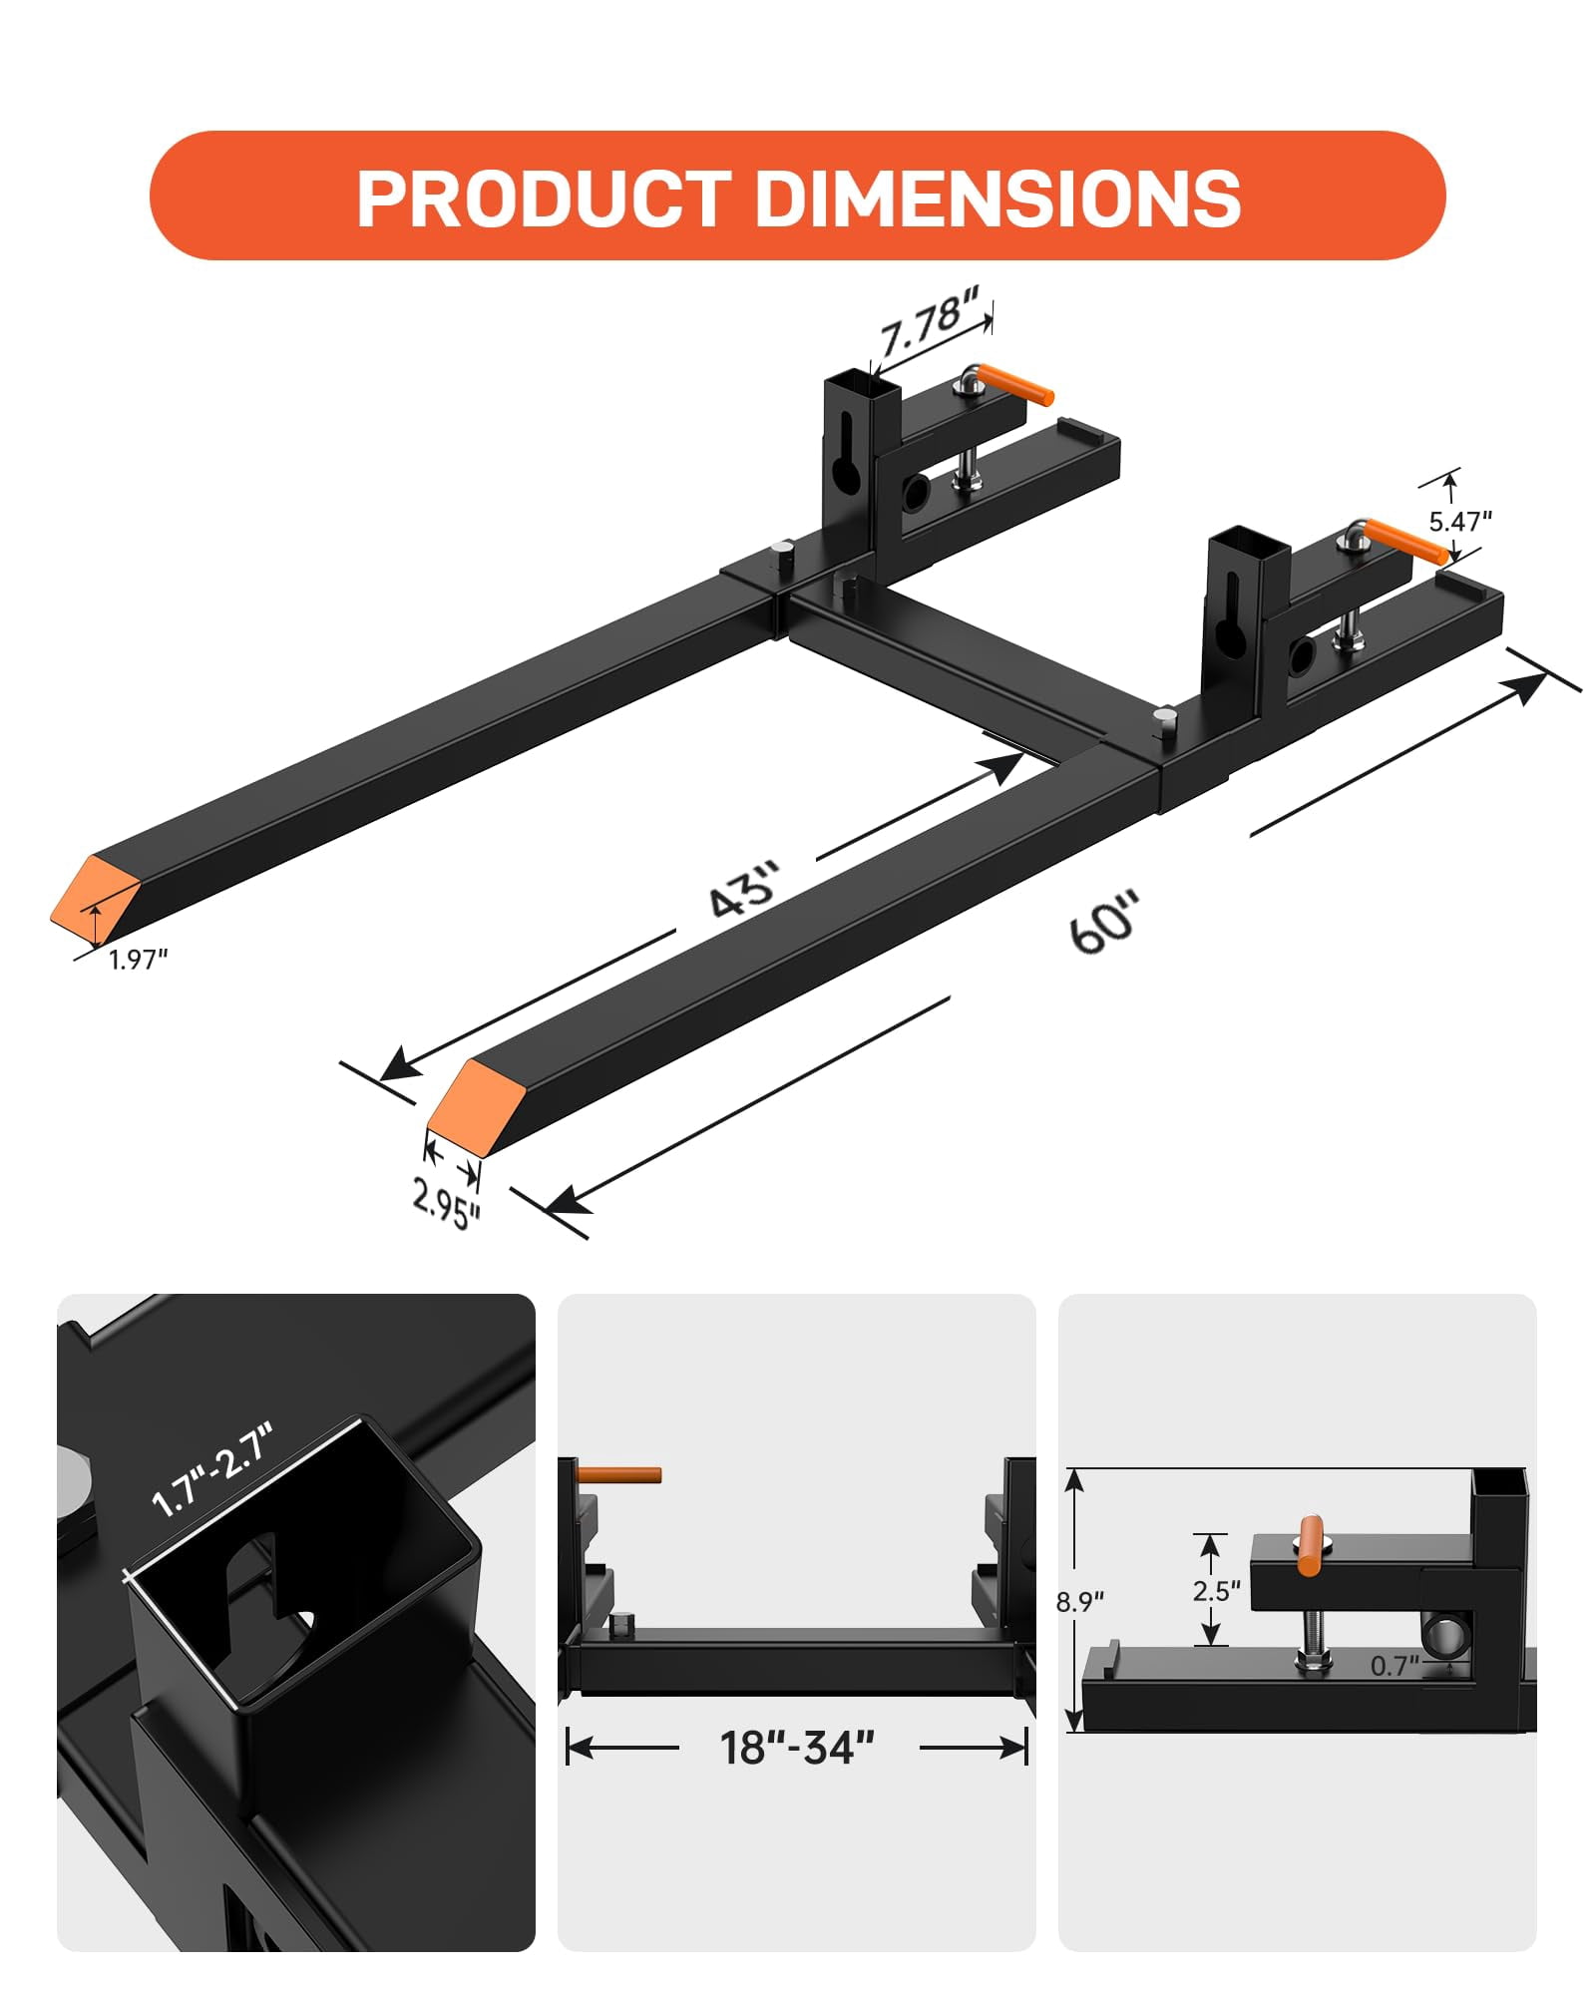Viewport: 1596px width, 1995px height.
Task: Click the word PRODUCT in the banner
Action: pyautogui.click(x=544, y=198)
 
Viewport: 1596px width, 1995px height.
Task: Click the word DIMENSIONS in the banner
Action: pyautogui.click(x=997, y=198)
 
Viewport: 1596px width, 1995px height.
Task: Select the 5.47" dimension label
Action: pyautogui.click(x=1459, y=521)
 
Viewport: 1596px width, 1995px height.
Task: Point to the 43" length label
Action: pyautogui.click(x=743, y=887)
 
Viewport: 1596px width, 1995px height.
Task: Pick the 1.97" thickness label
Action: pyautogui.click(x=139, y=960)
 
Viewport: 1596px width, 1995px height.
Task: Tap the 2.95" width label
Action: pyautogui.click(x=446, y=1203)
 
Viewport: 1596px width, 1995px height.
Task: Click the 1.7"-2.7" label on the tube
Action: pyautogui.click(x=211, y=1470)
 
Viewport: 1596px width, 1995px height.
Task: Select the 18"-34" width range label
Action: pyautogui.click(x=796, y=1748)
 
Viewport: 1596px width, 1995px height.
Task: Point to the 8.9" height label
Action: pyautogui.click(x=1080, y=1602)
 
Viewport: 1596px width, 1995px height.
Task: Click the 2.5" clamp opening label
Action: pyautogui.click(x=1216, y=1590)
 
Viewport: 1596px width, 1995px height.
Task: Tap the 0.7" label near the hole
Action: pyautogui.click(x=1394, y=1665)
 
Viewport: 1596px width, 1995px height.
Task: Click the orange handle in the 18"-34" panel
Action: pyautogui.click(x=619, y=1474)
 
